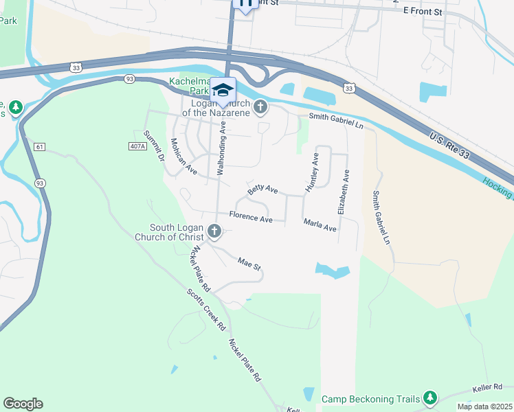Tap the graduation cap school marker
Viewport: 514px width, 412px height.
[223, 91]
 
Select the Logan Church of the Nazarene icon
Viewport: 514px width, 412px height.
[260, 106]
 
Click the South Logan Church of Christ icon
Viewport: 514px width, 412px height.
[214, 231]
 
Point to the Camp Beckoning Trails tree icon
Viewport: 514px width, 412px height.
[430, 398]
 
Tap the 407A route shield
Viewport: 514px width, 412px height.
[138, 146]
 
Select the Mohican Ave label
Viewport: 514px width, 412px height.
[183, 156]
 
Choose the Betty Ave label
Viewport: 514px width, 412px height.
[262, 189]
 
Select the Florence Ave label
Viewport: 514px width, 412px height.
[252, 219]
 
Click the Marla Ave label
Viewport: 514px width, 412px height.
[320, 225]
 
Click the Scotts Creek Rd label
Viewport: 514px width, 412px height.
[206, 310]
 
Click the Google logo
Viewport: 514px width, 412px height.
[23, 404]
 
